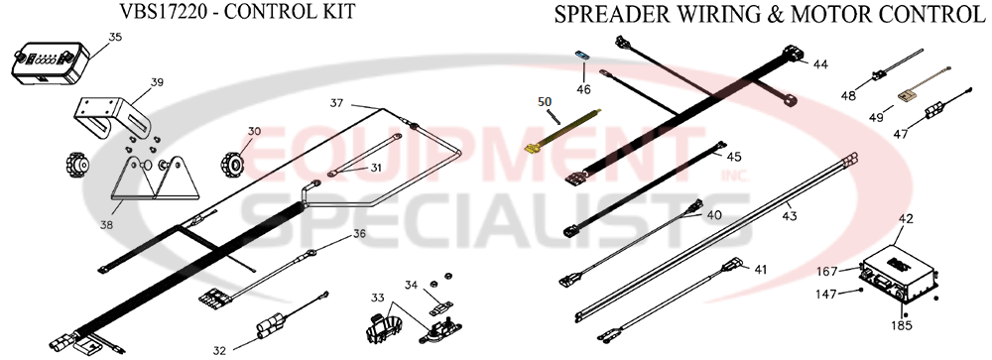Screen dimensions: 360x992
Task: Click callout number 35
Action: pyautogui.click(x=115, y=38)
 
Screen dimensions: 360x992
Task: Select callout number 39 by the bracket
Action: pyautogui.click(x=157, y=83)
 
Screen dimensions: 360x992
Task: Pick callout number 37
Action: pyautogui.click(x=336, y=103)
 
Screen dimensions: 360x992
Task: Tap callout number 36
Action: pyautogui.click(x=358, y=234)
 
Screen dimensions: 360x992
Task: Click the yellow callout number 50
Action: pyautogui.click(x=544, y=100)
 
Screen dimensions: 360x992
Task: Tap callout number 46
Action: pyautogui.click(x=583, y=88)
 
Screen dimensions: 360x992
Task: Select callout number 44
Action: pyautogui.click(x=819, y=64)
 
